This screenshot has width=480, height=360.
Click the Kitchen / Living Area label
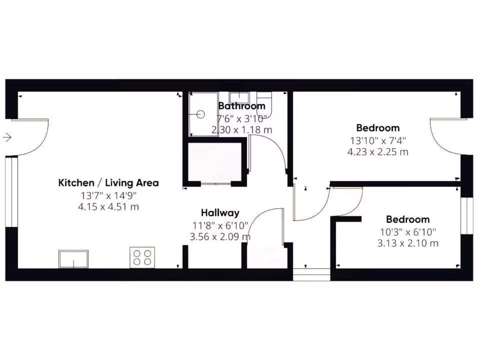click(108, 183)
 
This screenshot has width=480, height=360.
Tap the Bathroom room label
click(242, 106)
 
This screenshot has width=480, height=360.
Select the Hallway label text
click(220, 213)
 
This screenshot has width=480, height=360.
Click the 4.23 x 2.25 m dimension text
click(378, 151)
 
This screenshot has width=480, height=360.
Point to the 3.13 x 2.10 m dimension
click(408, 243)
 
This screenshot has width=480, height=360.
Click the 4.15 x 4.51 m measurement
click(108, 207)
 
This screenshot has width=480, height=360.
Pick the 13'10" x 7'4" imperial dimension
click(378, 140)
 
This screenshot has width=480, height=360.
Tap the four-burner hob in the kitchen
click(142, 257)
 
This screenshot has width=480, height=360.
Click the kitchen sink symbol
click(73, 259)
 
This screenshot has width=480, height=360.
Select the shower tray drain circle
click(201, 113)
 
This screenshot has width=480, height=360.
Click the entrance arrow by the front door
click(7, 137)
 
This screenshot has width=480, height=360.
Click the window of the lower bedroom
click(466, 216)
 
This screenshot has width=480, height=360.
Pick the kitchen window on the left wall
click(11, 192)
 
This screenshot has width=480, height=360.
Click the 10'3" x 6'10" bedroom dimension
click(408, 232)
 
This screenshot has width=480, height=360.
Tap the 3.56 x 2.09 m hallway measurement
click(220, 237)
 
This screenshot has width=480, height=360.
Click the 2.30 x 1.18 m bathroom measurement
click(242, 130)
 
